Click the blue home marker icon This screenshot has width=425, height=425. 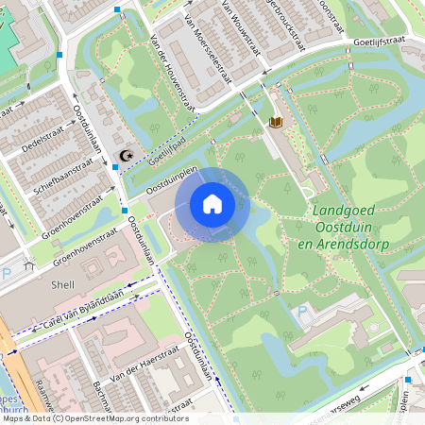(x=212, y=203)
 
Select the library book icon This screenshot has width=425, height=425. (x=277, y=123)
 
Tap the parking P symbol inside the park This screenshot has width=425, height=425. (x=302, y=312)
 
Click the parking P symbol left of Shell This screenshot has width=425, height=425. (x=8, y=272)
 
